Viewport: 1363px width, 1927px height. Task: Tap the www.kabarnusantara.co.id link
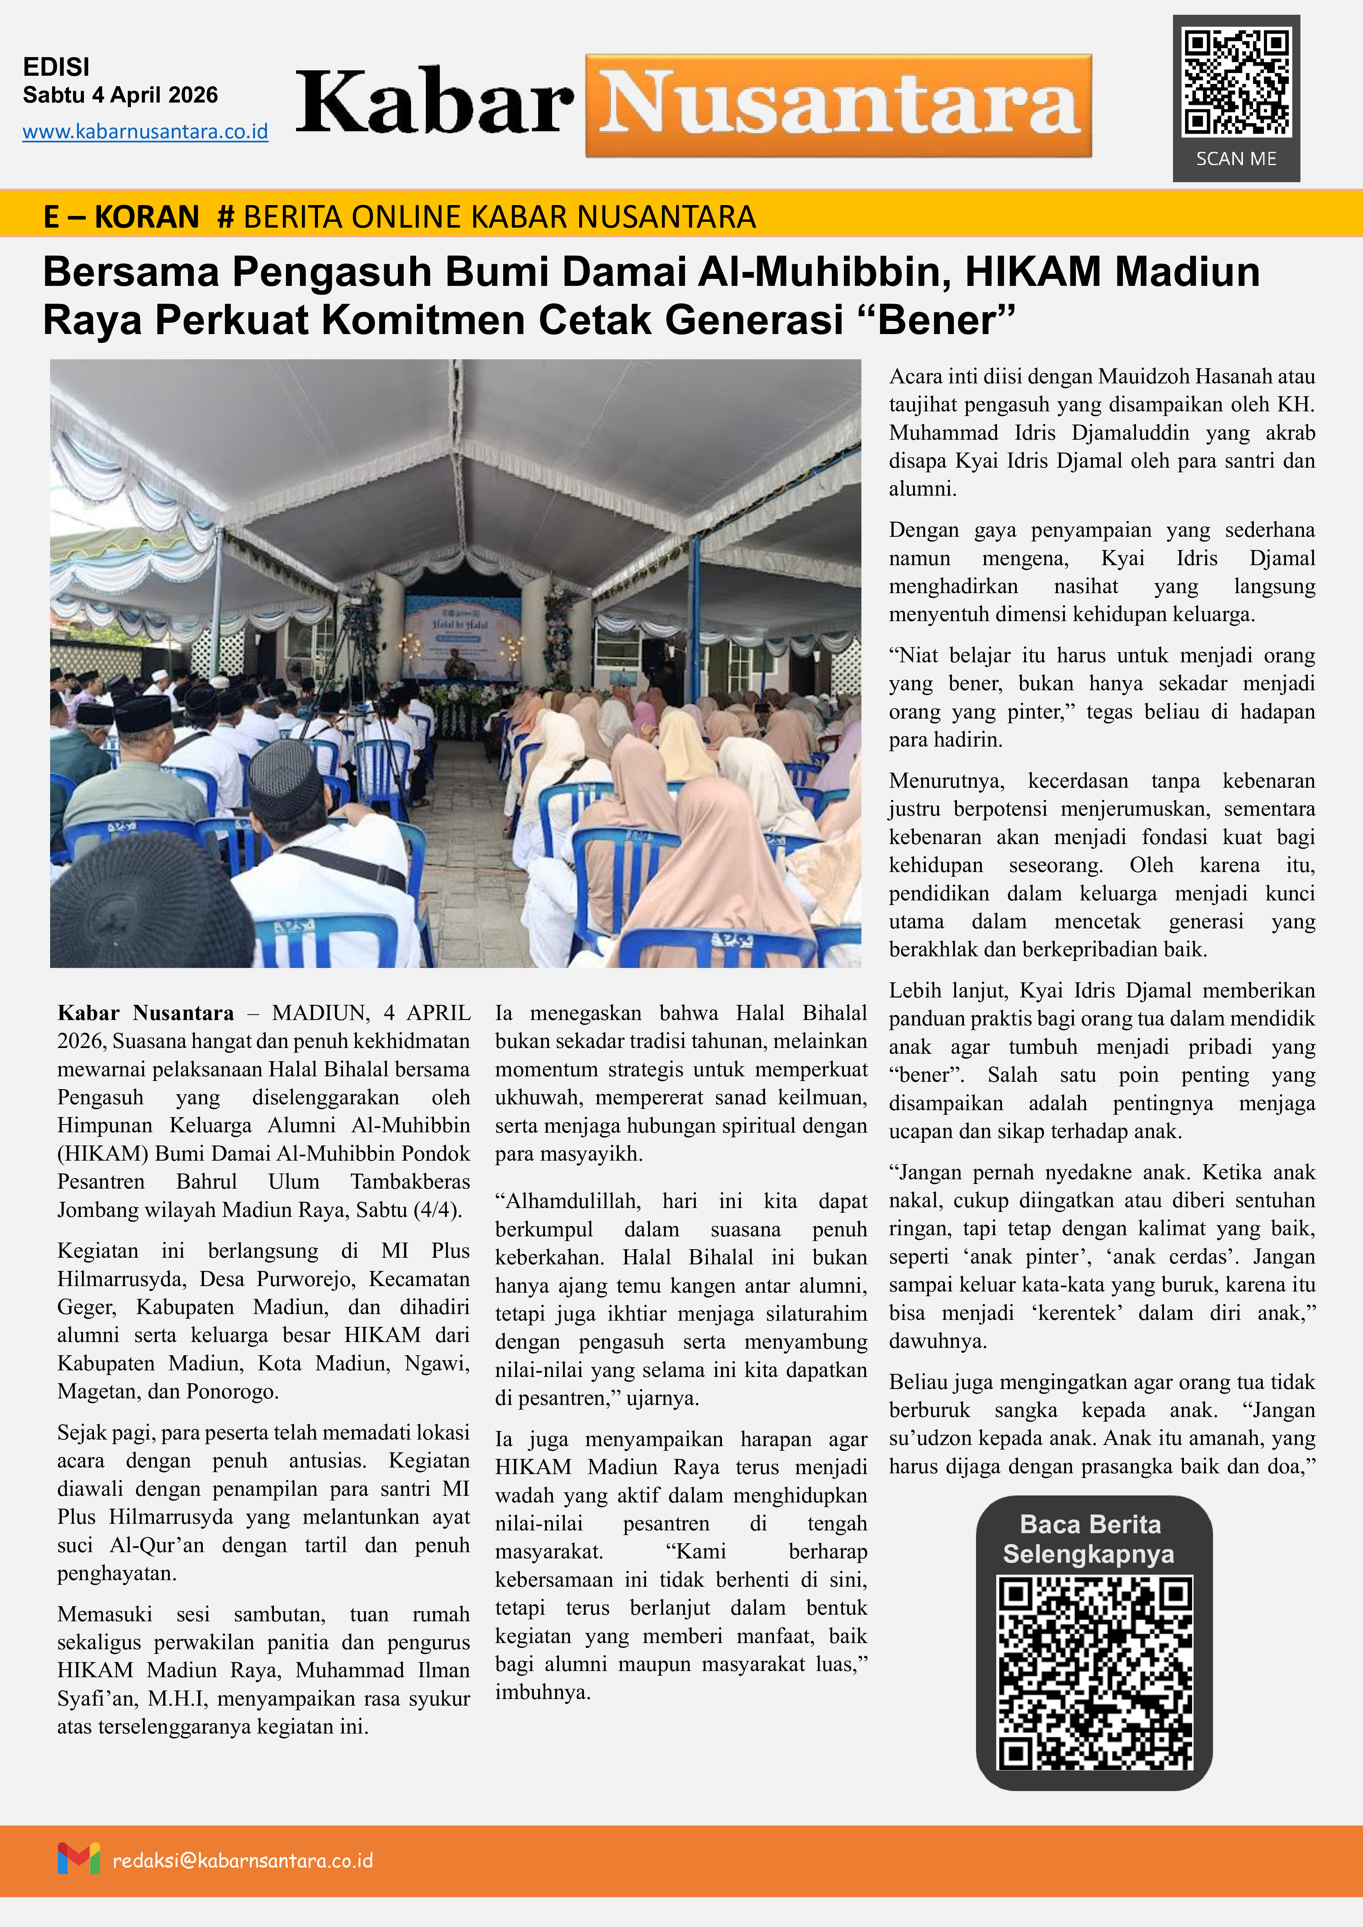click(x=145, y=132)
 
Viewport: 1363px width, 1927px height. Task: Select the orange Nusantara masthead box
click(x=838, y=106)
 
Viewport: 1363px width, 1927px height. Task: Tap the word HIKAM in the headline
click(x=1032, y=272)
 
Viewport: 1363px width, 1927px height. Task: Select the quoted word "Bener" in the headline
click(x=947, y=320)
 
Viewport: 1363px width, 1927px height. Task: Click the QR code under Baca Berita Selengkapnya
click(x=1094, y=1673)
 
